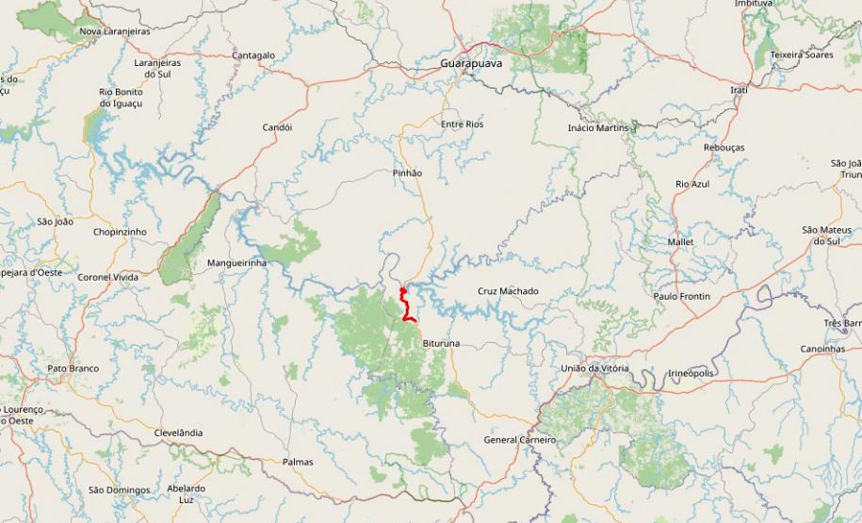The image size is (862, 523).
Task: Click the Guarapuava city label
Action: point(471,63)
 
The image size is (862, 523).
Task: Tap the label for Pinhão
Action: point(407,173)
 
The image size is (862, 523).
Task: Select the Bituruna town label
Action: point(441,344)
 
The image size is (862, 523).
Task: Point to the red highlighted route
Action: point(405,306)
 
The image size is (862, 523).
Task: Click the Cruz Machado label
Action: point(508,291)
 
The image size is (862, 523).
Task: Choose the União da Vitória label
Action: point(594,368)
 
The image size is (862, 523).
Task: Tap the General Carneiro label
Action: point(519,440)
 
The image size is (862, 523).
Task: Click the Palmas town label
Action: point(298,462)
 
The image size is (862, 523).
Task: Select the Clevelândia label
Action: point(178,433)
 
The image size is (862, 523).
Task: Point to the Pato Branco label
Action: point(73,368)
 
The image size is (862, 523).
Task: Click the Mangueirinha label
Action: point(236,263)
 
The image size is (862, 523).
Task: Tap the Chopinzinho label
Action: point(120,232)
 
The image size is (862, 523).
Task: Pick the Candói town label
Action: point(277,127)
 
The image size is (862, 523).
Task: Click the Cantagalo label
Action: point(253,56)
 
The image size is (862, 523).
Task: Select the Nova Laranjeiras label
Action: point(115,31)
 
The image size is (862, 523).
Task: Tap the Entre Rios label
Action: point(462,124)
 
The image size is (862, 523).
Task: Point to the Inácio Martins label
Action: point(598,128)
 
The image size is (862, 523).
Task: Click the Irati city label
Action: point(739,90)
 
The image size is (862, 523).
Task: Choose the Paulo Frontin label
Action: point(682,297)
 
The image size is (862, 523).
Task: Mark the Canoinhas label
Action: point(823,349)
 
